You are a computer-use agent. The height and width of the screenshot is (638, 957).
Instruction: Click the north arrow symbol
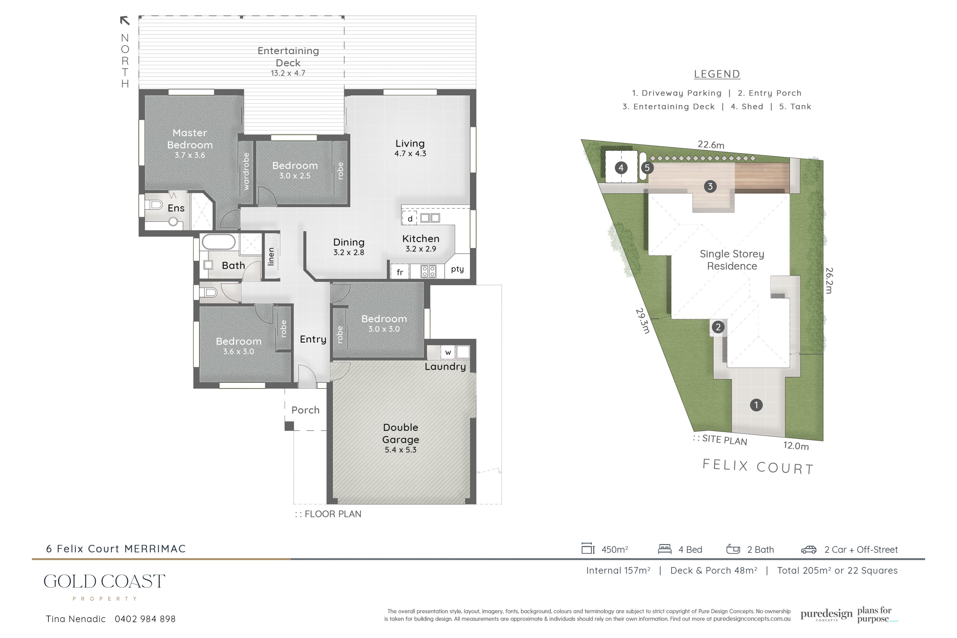coord(125,20)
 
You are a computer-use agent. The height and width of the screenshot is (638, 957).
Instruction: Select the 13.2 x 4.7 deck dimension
coord(288,73)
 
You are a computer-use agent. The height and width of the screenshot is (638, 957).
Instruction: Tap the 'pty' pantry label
coord(457,269)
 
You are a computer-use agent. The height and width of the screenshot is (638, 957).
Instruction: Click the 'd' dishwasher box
coord(410,219)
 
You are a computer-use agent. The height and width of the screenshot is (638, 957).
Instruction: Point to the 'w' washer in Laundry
coord(448,352)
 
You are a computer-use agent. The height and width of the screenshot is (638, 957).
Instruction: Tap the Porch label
coord(306,410)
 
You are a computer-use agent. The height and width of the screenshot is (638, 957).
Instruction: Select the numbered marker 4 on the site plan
coord(621,168)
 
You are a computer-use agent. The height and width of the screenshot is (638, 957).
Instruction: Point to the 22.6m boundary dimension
coord(711,145)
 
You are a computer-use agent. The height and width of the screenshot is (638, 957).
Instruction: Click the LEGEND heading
coord(717,74)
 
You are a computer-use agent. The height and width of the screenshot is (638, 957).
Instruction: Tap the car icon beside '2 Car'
coord(809,550)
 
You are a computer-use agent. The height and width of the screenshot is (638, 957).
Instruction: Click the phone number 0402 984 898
coord(145,619)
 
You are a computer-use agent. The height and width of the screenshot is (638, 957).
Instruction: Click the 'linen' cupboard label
coord(271,257)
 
